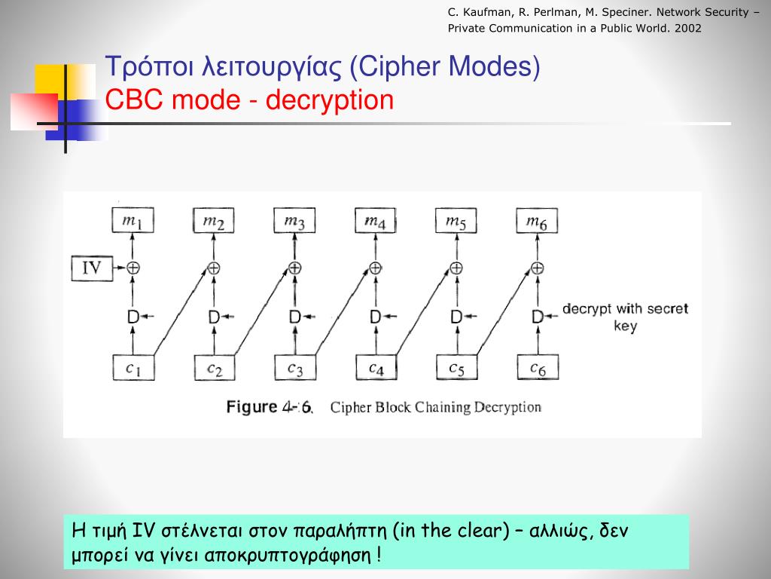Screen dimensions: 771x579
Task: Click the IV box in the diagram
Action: [91, 268]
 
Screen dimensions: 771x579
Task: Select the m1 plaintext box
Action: [133, 221]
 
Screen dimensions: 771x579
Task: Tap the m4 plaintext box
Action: [375, 221]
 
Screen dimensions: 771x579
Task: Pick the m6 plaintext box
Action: [537, 221]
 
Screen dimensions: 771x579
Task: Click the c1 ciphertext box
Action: [133, 367]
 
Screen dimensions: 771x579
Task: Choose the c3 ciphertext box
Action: [295, 367]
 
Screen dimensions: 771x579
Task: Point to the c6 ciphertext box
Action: [537, 367]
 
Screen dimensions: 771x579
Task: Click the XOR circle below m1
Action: [133, 268]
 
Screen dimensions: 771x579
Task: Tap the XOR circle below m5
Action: [456, 268]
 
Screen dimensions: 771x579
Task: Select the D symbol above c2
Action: [214, 317]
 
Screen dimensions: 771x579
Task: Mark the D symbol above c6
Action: [537, 317]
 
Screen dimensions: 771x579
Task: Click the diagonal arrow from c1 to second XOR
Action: [181, 313]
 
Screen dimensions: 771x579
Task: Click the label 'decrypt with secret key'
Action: [624, 317]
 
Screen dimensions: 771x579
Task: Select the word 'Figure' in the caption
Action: [251, 407]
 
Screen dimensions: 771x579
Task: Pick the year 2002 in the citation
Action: [688, 29]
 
